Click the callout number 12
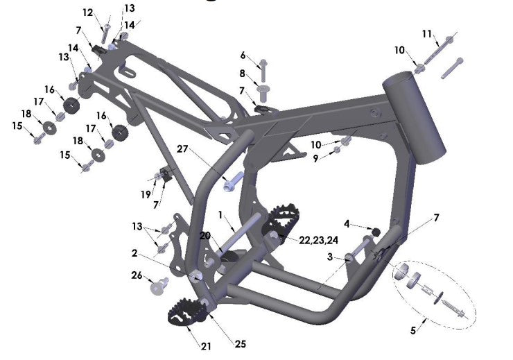point(87,12)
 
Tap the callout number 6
point(243,55)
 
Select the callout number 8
point(243,73)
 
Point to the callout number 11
point(427,33)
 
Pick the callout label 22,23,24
point(319,240)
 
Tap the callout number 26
point(137,275)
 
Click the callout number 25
point(239,343)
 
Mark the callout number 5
point(413,331)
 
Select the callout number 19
point(146,195)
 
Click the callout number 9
point(316,158)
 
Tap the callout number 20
point(205,236)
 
